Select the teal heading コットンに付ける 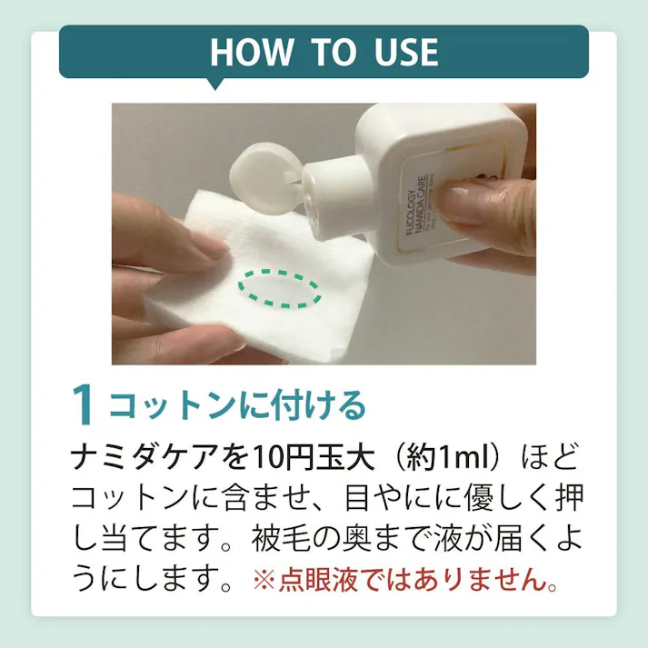coord(237,405)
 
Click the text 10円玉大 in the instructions coord(276,457)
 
